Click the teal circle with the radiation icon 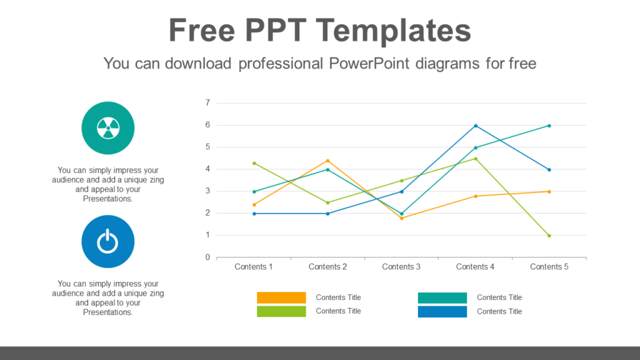click(107, 128)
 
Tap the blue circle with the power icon click(107, 241)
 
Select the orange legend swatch click(281, 297)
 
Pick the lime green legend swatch click(281, 311)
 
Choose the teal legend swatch click(442, 297)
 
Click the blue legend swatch click(442, 311)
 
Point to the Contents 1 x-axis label click(254, 267)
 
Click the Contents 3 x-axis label click(401, 267)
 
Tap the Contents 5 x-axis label click(549, 267)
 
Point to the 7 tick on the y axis click(207, 103)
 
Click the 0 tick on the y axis click(207, 257)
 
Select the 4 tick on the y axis click(207, 169)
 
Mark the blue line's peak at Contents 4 click(476, 126)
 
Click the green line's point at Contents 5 click(549, 236)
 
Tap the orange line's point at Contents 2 click(327, 161)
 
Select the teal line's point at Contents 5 click(549, 126)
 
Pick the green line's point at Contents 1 click(254, 163)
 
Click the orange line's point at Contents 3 click(401, 217)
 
